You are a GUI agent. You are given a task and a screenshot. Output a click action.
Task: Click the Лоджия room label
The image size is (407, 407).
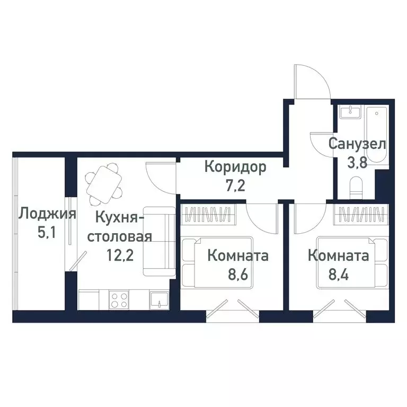point(47,215)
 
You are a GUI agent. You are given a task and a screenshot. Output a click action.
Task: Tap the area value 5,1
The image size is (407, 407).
point(47,234)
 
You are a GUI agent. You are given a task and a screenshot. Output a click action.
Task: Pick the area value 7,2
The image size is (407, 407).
point(235,188)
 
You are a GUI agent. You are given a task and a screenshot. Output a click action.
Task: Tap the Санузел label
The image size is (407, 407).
point(357,143)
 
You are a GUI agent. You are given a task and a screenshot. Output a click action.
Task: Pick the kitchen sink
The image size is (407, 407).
point(158,301)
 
